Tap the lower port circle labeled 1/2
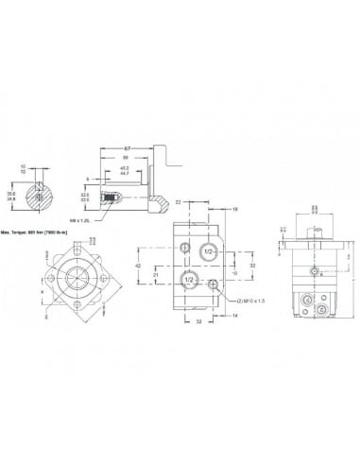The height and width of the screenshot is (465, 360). [x=190, y=281]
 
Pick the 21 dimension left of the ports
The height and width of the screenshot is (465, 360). [x=156, y=275]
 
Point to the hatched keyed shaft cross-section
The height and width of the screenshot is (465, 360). [x=40, y=196]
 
